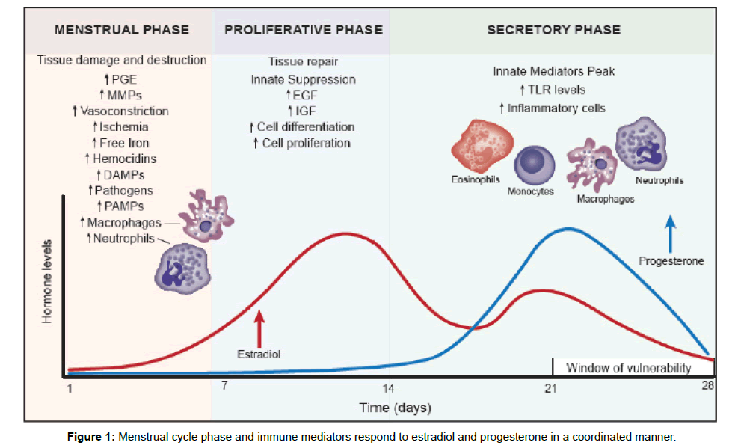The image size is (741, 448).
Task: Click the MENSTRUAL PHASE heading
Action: (122, 31)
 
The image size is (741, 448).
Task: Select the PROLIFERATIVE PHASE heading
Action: (304, 31)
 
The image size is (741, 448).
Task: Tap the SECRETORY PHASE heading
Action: (553, 31)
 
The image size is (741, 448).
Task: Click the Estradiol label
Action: (259, 354)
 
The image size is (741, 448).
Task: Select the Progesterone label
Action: (671, 261)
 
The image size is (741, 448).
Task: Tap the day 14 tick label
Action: (388, 389)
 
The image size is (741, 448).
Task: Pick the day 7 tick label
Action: (224, 386)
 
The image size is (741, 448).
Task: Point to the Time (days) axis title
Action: (395, 408)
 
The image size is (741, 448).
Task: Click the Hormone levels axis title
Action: (47, 281)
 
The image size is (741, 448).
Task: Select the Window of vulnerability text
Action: (628, 368)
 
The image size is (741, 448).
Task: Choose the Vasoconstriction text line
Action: (120, 111)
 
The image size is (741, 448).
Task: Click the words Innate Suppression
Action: (303, 79)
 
